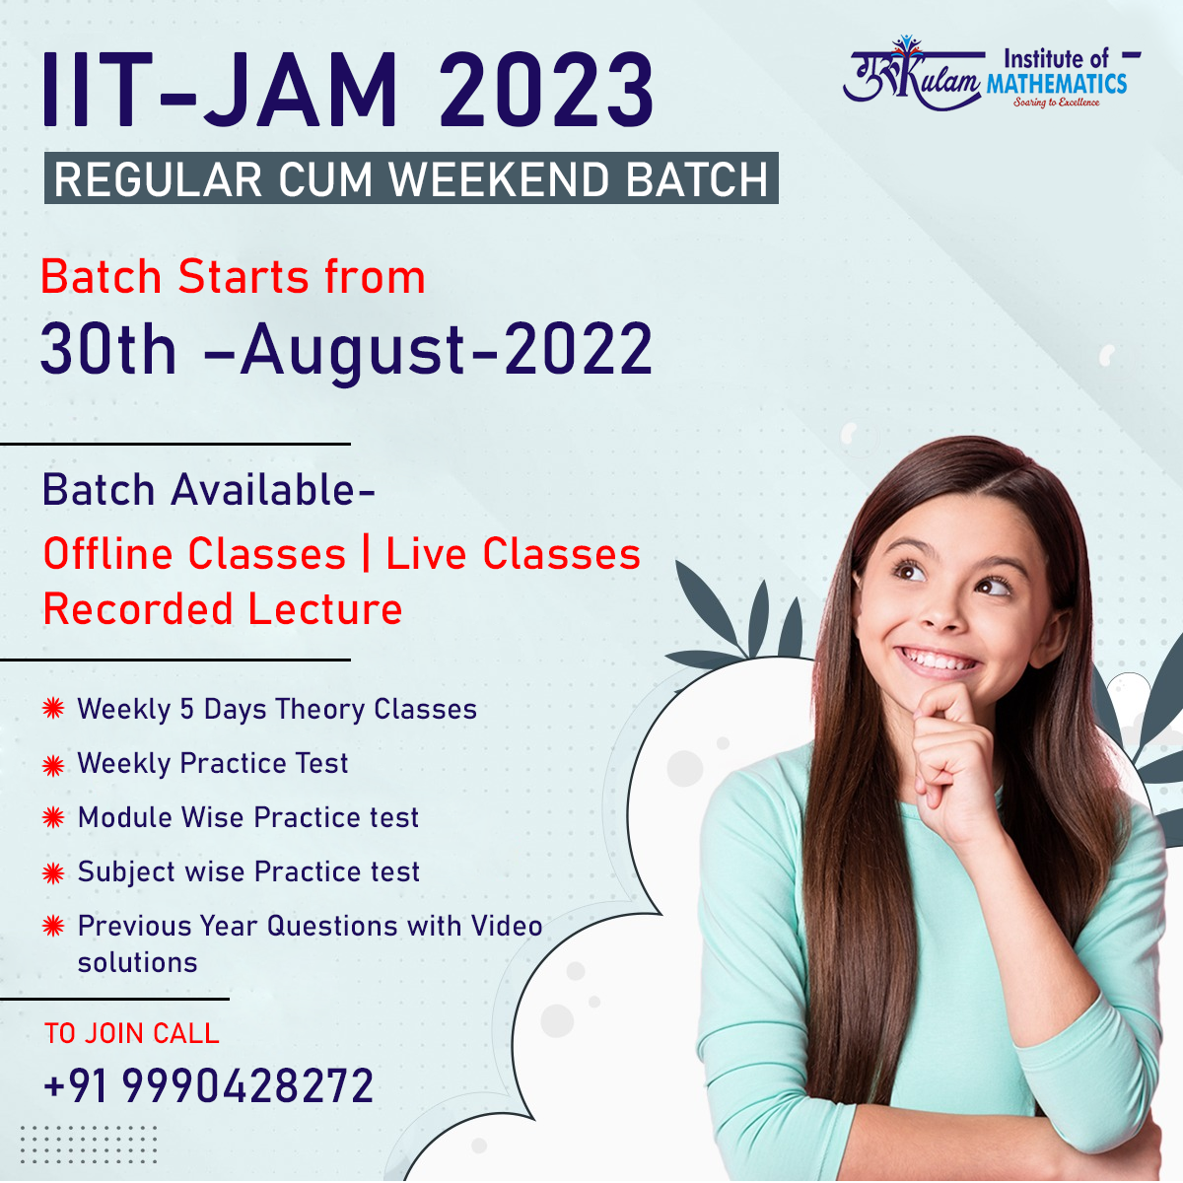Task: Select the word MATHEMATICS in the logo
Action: coord(1057,84)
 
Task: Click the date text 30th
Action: coord(108,349)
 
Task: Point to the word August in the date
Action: coord(353,353)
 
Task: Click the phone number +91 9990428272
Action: coord(209,1085)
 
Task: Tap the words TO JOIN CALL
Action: coord(131,1033)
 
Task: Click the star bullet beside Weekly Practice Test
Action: coord(53,766)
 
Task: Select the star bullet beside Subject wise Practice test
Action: coord(53,873)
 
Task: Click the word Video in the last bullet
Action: coord(507,926)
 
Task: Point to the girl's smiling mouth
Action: coord(937,661)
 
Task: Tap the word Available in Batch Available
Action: coord(272,490)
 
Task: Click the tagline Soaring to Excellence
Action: coord(1057,103)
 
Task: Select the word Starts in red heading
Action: coord(244,277)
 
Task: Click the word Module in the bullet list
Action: coord(125,817)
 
